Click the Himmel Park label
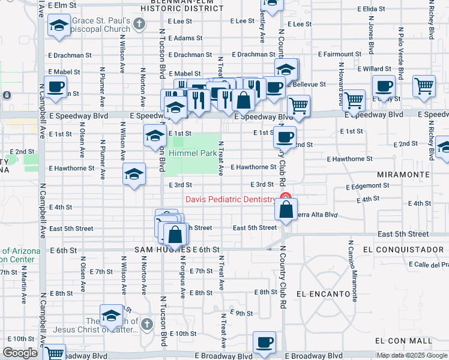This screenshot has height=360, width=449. point(192,154)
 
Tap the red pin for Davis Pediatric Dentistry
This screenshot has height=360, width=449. point(286,197)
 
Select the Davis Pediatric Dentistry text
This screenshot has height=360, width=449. point(231,200)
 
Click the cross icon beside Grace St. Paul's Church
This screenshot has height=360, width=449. point(140,25)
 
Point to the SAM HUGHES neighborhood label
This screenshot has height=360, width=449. point(158,249)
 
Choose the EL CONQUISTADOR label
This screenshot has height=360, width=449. point(403,249)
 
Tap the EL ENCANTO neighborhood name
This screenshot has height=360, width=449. point(323,294)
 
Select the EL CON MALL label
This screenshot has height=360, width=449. point(403,340)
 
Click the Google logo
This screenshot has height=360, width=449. point(20,353)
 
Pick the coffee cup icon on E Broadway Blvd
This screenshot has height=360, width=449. point(264,342)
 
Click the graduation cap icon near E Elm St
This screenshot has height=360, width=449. point(59,26)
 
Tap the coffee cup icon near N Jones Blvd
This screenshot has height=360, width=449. point(384,86)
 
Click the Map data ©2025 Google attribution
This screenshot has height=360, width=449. point(412,355)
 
